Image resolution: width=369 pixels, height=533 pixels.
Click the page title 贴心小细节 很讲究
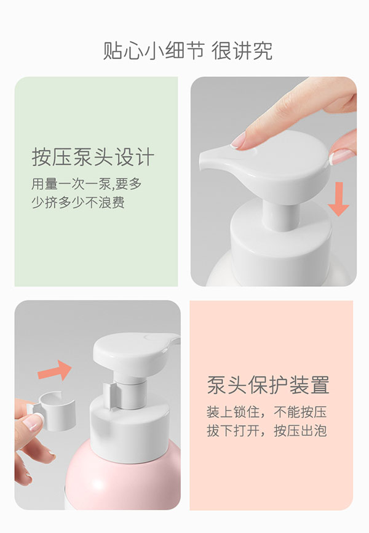click(x=188, y=50)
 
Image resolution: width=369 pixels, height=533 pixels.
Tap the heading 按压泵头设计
click(x=92, y=157)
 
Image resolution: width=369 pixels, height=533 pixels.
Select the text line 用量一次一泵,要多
click(x=87, y=183)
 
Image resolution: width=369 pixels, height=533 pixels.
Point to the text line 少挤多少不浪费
click(x=78, y=202)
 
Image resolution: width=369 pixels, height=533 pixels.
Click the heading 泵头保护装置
click(x=268, y=384)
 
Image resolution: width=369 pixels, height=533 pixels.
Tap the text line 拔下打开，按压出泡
click(x=266, y=430)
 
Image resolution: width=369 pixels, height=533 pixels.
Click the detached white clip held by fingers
click(x=53, y=407)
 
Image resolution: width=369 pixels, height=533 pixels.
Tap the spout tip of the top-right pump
click(x=205, y=162)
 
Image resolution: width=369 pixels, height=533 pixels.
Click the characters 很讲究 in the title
click(x=242, y=50)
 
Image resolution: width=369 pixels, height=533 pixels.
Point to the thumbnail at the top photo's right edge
click(x=342, y=156)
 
